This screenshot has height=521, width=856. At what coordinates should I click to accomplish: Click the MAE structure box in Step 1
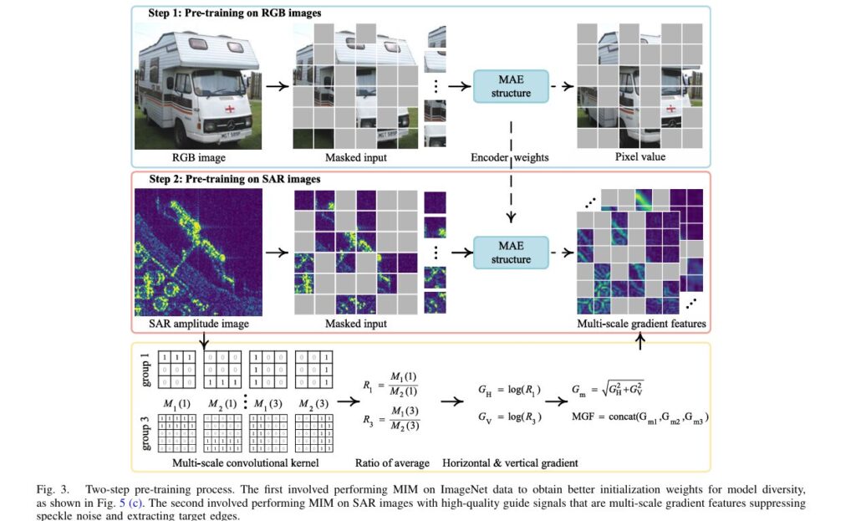[x=511, y=85]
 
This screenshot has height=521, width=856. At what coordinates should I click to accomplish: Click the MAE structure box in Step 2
[x=511, y=252]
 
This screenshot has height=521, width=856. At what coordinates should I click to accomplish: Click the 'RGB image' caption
[x=199, y=156]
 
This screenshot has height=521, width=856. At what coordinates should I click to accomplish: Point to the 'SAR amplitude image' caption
[x=199, y=324]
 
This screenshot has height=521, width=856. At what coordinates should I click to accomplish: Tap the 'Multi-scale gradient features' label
[x=642, y=324]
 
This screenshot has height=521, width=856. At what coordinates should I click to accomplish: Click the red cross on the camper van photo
[x=227, y=110]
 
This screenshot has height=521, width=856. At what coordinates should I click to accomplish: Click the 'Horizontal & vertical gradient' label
[x=510, y=462]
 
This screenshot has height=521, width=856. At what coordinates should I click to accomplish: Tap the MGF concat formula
[x=641, y=416]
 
